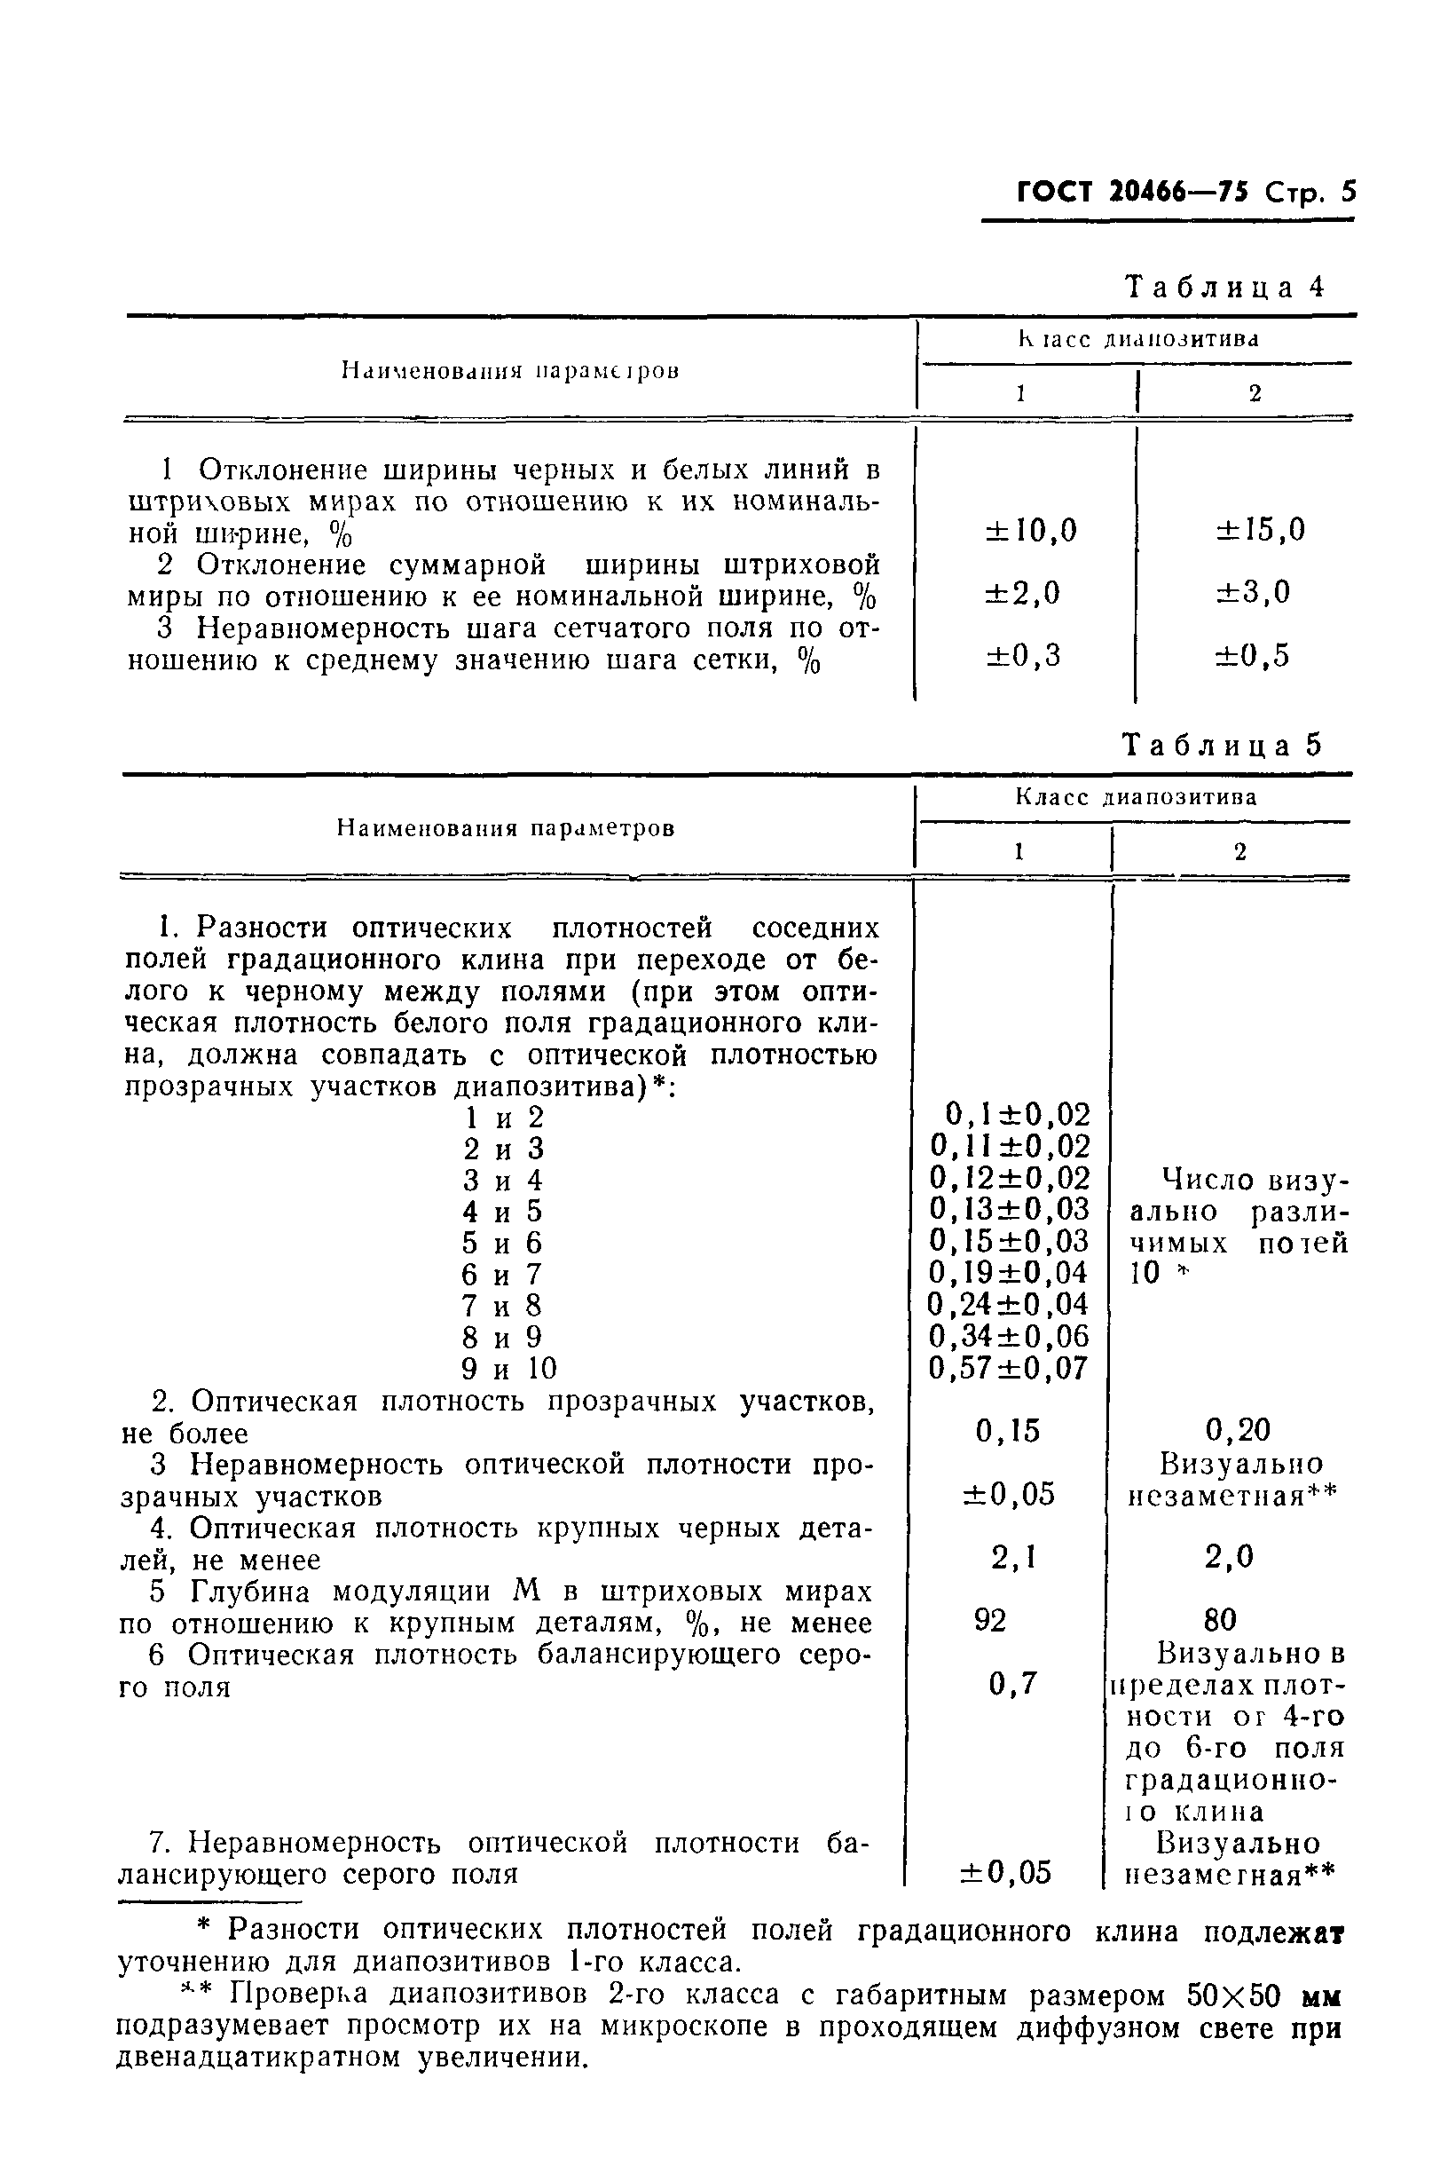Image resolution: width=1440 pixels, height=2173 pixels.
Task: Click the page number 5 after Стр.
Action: coord(1347,192)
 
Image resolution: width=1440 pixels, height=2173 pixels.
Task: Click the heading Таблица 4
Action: coord(1225,288)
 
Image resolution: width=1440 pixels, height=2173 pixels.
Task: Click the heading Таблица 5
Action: coord(1223,744)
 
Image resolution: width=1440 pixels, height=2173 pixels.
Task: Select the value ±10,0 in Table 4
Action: coord(1031,530)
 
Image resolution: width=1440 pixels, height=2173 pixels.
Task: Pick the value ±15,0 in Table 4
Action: coord(1260,529)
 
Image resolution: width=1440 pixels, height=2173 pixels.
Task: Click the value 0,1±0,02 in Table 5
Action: coord(1018,1115)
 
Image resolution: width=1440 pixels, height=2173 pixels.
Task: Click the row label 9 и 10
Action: coord(509,1369)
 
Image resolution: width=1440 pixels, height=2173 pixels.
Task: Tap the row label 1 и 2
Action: coord(503,1118)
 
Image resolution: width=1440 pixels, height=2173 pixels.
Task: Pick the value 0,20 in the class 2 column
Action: coord(1237,1430)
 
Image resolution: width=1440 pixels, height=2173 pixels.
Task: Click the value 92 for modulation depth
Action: coord(990,1620)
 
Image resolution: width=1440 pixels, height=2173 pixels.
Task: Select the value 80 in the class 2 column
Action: coord(1219,1619)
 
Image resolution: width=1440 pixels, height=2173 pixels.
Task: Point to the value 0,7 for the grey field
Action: coord(1013,1683)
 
